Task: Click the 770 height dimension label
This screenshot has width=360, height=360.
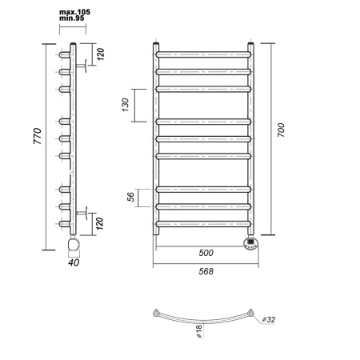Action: coord(38,136)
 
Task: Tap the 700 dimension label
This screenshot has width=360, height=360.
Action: coord(281,130)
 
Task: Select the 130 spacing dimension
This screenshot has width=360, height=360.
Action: coord(125,105)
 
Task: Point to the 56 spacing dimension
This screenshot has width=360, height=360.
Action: coord(130,197)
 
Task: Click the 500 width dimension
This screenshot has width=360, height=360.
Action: coord(206,253)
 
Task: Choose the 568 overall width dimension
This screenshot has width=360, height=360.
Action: coord(206,271)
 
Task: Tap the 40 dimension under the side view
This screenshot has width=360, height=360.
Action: coord(74,262)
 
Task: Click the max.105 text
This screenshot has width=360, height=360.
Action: coord(74,12)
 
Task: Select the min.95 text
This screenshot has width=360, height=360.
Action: coord(72,18)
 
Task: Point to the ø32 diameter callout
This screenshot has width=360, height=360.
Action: coord(269,319)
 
